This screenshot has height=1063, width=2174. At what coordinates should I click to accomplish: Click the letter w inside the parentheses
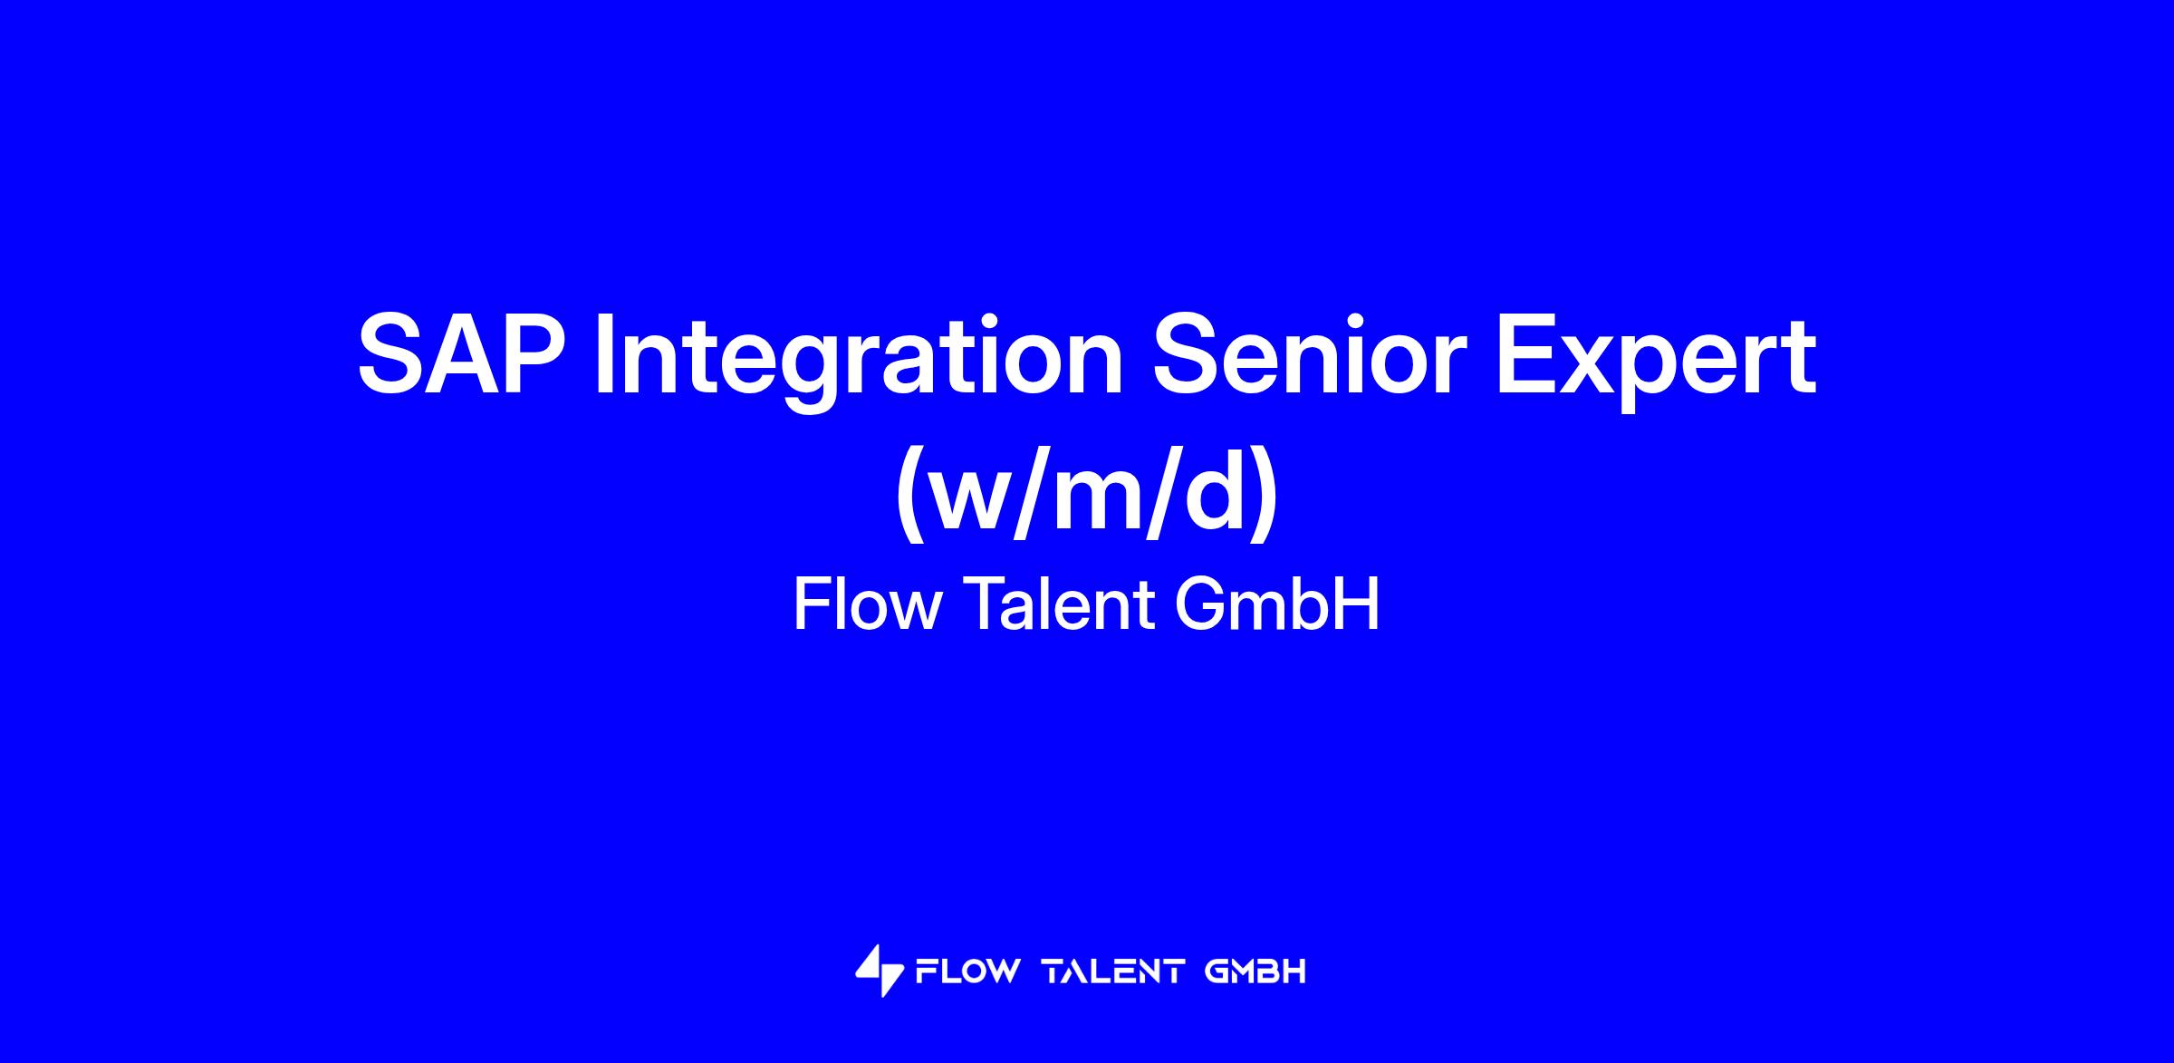980,502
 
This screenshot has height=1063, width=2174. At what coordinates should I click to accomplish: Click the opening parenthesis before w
910,495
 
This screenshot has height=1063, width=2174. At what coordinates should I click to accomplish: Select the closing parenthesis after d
1264,495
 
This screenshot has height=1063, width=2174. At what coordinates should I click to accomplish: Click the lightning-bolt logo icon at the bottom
880,971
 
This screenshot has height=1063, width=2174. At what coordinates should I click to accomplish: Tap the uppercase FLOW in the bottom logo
968,972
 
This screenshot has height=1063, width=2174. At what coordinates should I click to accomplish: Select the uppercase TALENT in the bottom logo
1114,972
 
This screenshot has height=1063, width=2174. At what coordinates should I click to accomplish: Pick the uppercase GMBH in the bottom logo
1255,972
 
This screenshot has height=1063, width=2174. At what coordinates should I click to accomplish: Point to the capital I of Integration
603,354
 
